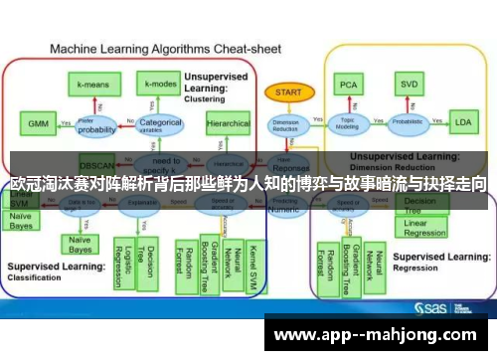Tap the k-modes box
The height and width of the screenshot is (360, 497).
(158, 87)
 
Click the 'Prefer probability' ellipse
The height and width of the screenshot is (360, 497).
(97, 126)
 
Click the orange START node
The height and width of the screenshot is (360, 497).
(284, 91)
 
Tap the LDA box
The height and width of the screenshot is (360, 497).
(463, 123)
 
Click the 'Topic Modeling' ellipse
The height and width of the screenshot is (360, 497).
(349, 123)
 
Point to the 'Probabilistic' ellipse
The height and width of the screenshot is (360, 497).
(408, 123)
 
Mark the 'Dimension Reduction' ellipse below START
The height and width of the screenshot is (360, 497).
(285, 124)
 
